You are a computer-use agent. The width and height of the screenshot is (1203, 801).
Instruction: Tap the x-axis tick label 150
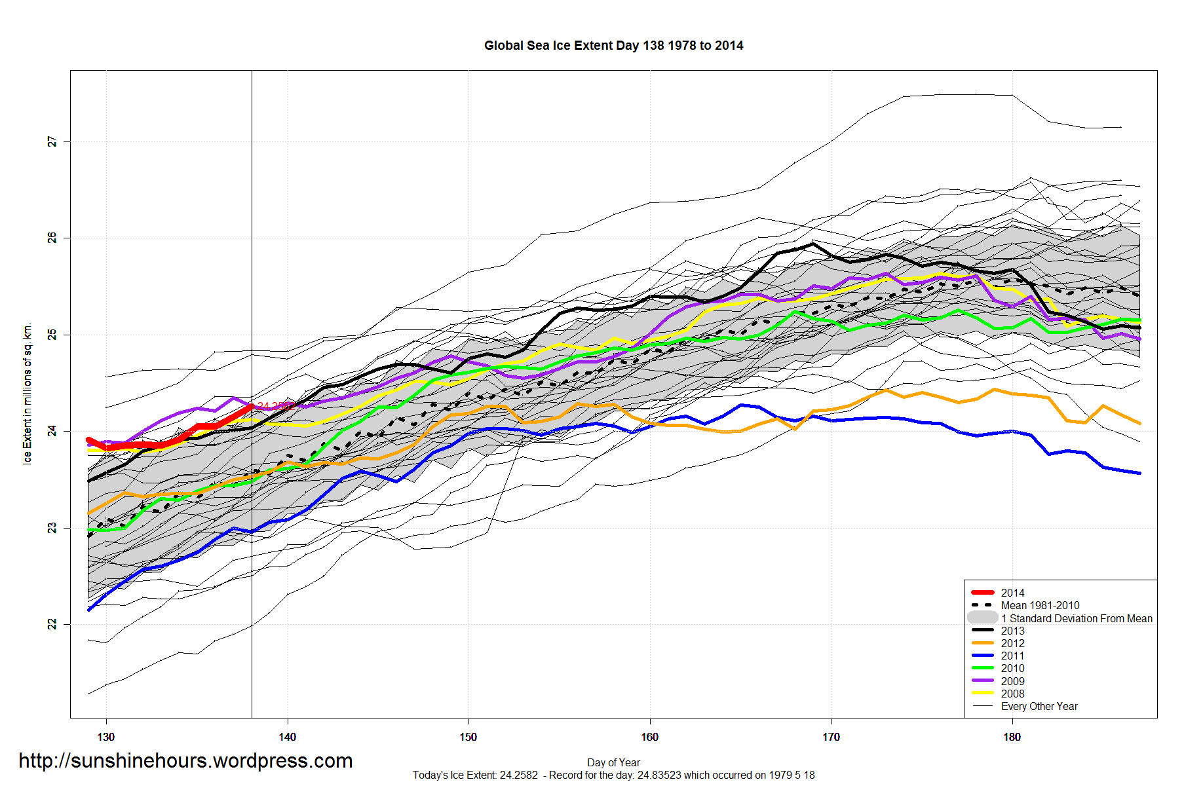pyautogui.click(x=468, y=737)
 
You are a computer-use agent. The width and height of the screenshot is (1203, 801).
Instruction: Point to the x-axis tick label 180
pyautogui.click(x=1012, y=737)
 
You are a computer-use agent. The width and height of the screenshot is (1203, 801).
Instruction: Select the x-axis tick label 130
pyautogui.click(x=105, y=737)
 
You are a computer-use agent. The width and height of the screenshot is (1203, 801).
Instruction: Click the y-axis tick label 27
pyautogui.click(x=52, y=141)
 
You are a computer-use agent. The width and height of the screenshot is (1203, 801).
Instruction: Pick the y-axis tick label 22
pyautogui.click(x=52, y=624)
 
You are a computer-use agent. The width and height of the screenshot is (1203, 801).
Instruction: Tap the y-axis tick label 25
pyautogui.click(x=52, y=335)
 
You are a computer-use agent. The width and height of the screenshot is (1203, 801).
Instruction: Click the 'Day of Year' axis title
pyautogui.click(x=613, y=762)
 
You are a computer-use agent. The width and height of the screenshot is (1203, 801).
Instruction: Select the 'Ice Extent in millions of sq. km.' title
pyautogui.click(x=28, y=394)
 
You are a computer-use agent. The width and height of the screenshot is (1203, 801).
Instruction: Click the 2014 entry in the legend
pyautogui.click(x=1012, y=593)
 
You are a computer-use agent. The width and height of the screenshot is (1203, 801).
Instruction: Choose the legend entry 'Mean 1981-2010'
pyautogui.click(x=1040, y=606)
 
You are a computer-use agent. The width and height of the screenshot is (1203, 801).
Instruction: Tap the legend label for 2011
pyautogui.click(x=1012, y=656)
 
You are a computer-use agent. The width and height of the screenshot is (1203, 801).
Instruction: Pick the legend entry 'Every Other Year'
pyautogui.click(x=1039, y=706)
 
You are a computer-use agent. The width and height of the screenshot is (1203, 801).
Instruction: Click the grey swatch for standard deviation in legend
pyautogui.click(x=982, y=618)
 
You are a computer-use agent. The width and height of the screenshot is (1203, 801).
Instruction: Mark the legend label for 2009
pyautogui.click(x=1012, y=681)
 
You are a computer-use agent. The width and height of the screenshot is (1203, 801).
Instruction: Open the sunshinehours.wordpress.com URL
pyautogui.click(x=185, y=761)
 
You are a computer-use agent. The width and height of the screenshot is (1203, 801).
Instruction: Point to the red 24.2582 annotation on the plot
pyautogui.click(x=274, y=406)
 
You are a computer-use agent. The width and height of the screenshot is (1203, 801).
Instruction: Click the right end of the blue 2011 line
pyautogui.click(x=1139, y=473)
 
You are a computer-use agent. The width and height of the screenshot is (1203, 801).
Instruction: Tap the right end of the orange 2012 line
pyautogui.click(x=1139, y=423)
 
